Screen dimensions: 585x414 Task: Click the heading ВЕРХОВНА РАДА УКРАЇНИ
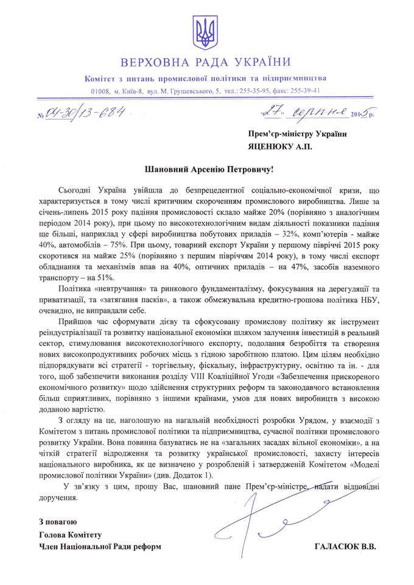coord(206,62)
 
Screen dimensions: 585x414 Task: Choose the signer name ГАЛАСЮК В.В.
coord(346,547)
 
